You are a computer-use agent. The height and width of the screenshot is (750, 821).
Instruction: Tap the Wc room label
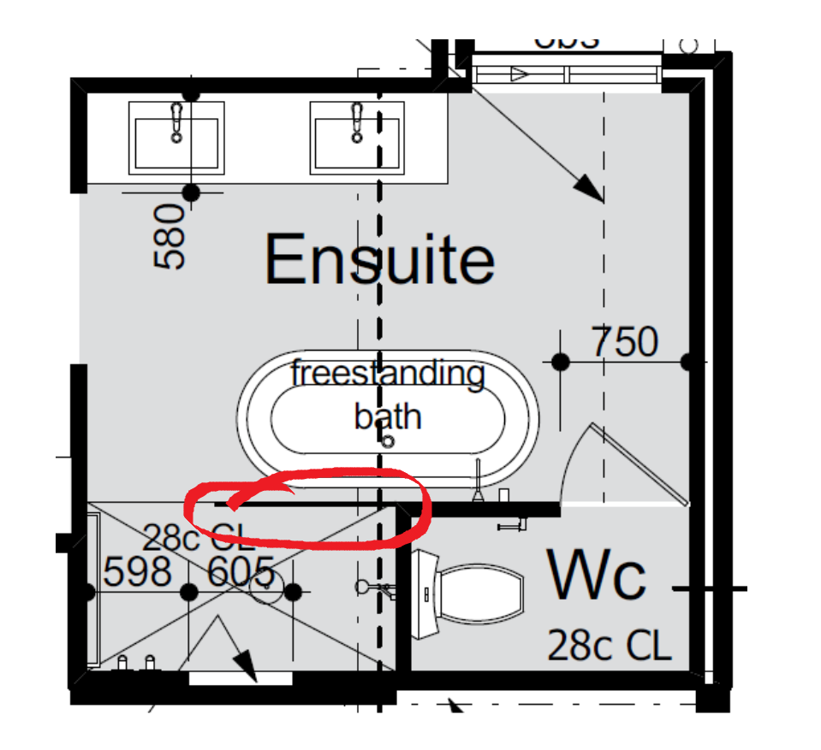point(597,576)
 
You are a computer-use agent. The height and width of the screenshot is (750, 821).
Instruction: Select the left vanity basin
point(176,141)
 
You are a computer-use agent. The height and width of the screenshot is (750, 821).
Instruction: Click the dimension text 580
point(171,237)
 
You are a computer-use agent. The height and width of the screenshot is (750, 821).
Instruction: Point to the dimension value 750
point(624,343)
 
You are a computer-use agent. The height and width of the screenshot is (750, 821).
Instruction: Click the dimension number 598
point(138,571)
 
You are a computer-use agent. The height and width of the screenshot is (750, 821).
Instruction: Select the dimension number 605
point(241,571)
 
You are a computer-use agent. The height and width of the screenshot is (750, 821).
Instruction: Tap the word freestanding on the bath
point(388,374)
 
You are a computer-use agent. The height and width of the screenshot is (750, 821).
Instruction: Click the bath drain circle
point(387,441)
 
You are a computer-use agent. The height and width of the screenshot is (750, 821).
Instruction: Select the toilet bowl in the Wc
point(479,596)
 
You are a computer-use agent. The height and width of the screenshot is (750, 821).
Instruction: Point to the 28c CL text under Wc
point(609,646)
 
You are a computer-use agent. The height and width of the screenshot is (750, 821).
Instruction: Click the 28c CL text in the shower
point(198,538)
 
